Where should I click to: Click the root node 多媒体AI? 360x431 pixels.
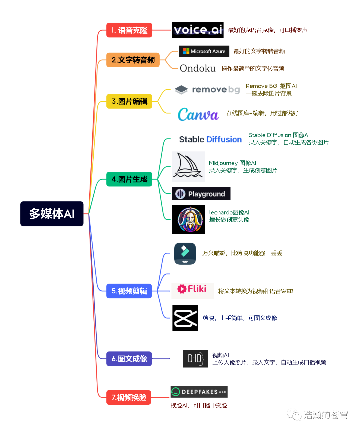(52, 214)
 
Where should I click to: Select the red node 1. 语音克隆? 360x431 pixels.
(129, 30)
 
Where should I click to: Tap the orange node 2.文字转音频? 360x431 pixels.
(133, 60)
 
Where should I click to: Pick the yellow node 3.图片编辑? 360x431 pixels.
(129, 101)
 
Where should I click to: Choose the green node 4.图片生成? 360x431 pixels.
(129, 179)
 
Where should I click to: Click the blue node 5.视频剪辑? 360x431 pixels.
(129, 291)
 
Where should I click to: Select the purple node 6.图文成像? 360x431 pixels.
(129, 359)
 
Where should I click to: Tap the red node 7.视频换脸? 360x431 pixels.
(129, 397)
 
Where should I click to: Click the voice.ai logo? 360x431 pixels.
(198, 30)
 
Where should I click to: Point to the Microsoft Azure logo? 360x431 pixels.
(204, 51)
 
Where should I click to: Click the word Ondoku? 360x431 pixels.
(198, 68)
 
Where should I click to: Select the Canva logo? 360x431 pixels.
(198, 114)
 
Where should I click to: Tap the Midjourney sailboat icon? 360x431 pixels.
(188, 166)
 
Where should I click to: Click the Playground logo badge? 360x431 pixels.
(201, 194)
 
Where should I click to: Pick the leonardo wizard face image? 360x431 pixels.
(188, 219)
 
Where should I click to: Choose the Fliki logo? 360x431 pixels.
(192, 289)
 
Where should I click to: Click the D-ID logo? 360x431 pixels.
(195, 359)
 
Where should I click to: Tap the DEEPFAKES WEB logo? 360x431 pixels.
(199, 392)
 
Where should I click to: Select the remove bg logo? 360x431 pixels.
(207, 90)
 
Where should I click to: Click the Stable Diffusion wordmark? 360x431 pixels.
(210, 139)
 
